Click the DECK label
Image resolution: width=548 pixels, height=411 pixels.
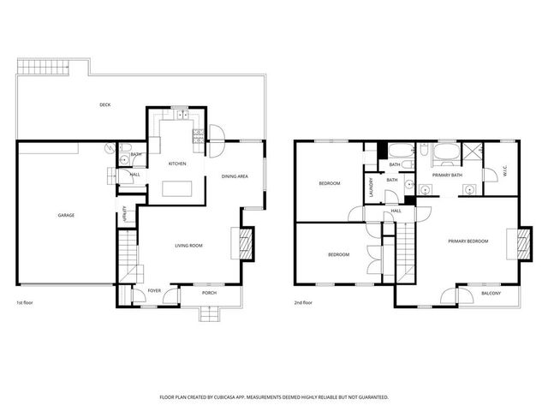click(x=104, y=104)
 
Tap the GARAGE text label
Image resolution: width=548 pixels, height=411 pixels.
click(x=66, y=215)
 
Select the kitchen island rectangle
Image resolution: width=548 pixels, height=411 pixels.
click(x=178, y=188)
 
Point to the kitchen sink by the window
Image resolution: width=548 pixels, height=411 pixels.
click(x=180, y=114)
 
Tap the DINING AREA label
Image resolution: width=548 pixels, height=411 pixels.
click(x=235, y=176)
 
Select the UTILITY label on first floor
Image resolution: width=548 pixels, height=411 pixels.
click(x=125, y=213)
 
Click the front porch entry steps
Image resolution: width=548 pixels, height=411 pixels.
click(x=210, y=314)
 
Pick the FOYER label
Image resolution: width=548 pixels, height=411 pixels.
click(x=154, y=291)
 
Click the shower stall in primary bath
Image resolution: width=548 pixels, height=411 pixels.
click(x=472, y=154)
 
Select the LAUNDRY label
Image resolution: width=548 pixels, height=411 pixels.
click(x=370, y=186)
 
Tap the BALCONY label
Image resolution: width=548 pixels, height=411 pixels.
click(x=491, y=294)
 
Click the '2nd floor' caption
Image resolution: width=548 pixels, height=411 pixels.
click(x=302, y=303)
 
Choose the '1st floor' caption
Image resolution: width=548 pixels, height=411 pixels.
click(x=25, y=303)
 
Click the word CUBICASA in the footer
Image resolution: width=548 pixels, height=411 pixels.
click(x=223, y=397)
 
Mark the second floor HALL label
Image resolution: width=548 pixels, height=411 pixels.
click(x=396, y=210)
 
